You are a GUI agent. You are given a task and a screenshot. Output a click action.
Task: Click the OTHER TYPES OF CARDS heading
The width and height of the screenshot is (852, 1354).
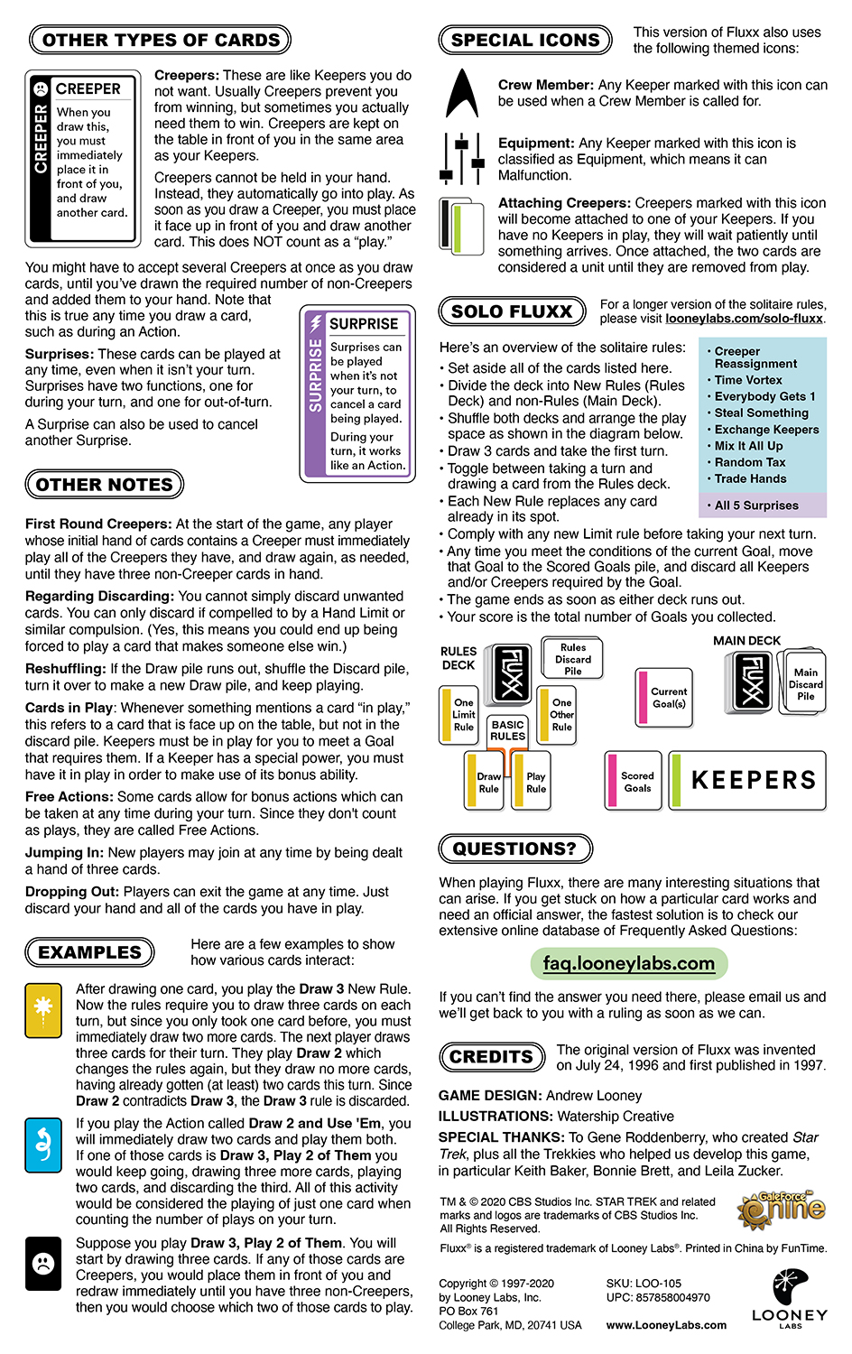pyautogui.click(x=161, y=40)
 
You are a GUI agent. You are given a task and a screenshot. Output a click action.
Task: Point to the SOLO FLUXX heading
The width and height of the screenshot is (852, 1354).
pyautogui.click(x=512, y=311)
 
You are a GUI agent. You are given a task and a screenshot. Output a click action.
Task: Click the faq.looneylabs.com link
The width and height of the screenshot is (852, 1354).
pyautogui.click(x=628, y=963)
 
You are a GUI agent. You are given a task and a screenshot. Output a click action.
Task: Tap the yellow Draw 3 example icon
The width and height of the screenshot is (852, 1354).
pyautogui.click(x=43, y=1008)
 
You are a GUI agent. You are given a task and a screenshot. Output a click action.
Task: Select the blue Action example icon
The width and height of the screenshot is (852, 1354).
pyautogui.click(x=43, y=1145)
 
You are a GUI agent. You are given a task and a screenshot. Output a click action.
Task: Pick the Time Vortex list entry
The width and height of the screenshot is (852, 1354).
pyautogui.click(x=748, y=380)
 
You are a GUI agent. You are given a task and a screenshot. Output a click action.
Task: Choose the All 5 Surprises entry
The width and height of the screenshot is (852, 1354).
pyautogui.click(x=756, y=505)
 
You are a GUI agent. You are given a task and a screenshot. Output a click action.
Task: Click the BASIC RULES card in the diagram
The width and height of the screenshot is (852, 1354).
pyautogui.click(x=507, y=731)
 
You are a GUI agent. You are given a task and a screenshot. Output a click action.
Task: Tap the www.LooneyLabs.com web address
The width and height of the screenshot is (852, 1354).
pyautogui.click(x=666, y=1325)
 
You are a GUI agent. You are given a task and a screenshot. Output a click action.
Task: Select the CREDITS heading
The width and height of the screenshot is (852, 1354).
pyautogui.click(x=492, y=1057)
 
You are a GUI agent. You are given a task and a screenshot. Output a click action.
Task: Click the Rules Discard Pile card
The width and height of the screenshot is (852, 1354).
pyautogui.click(x=573, y=659)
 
